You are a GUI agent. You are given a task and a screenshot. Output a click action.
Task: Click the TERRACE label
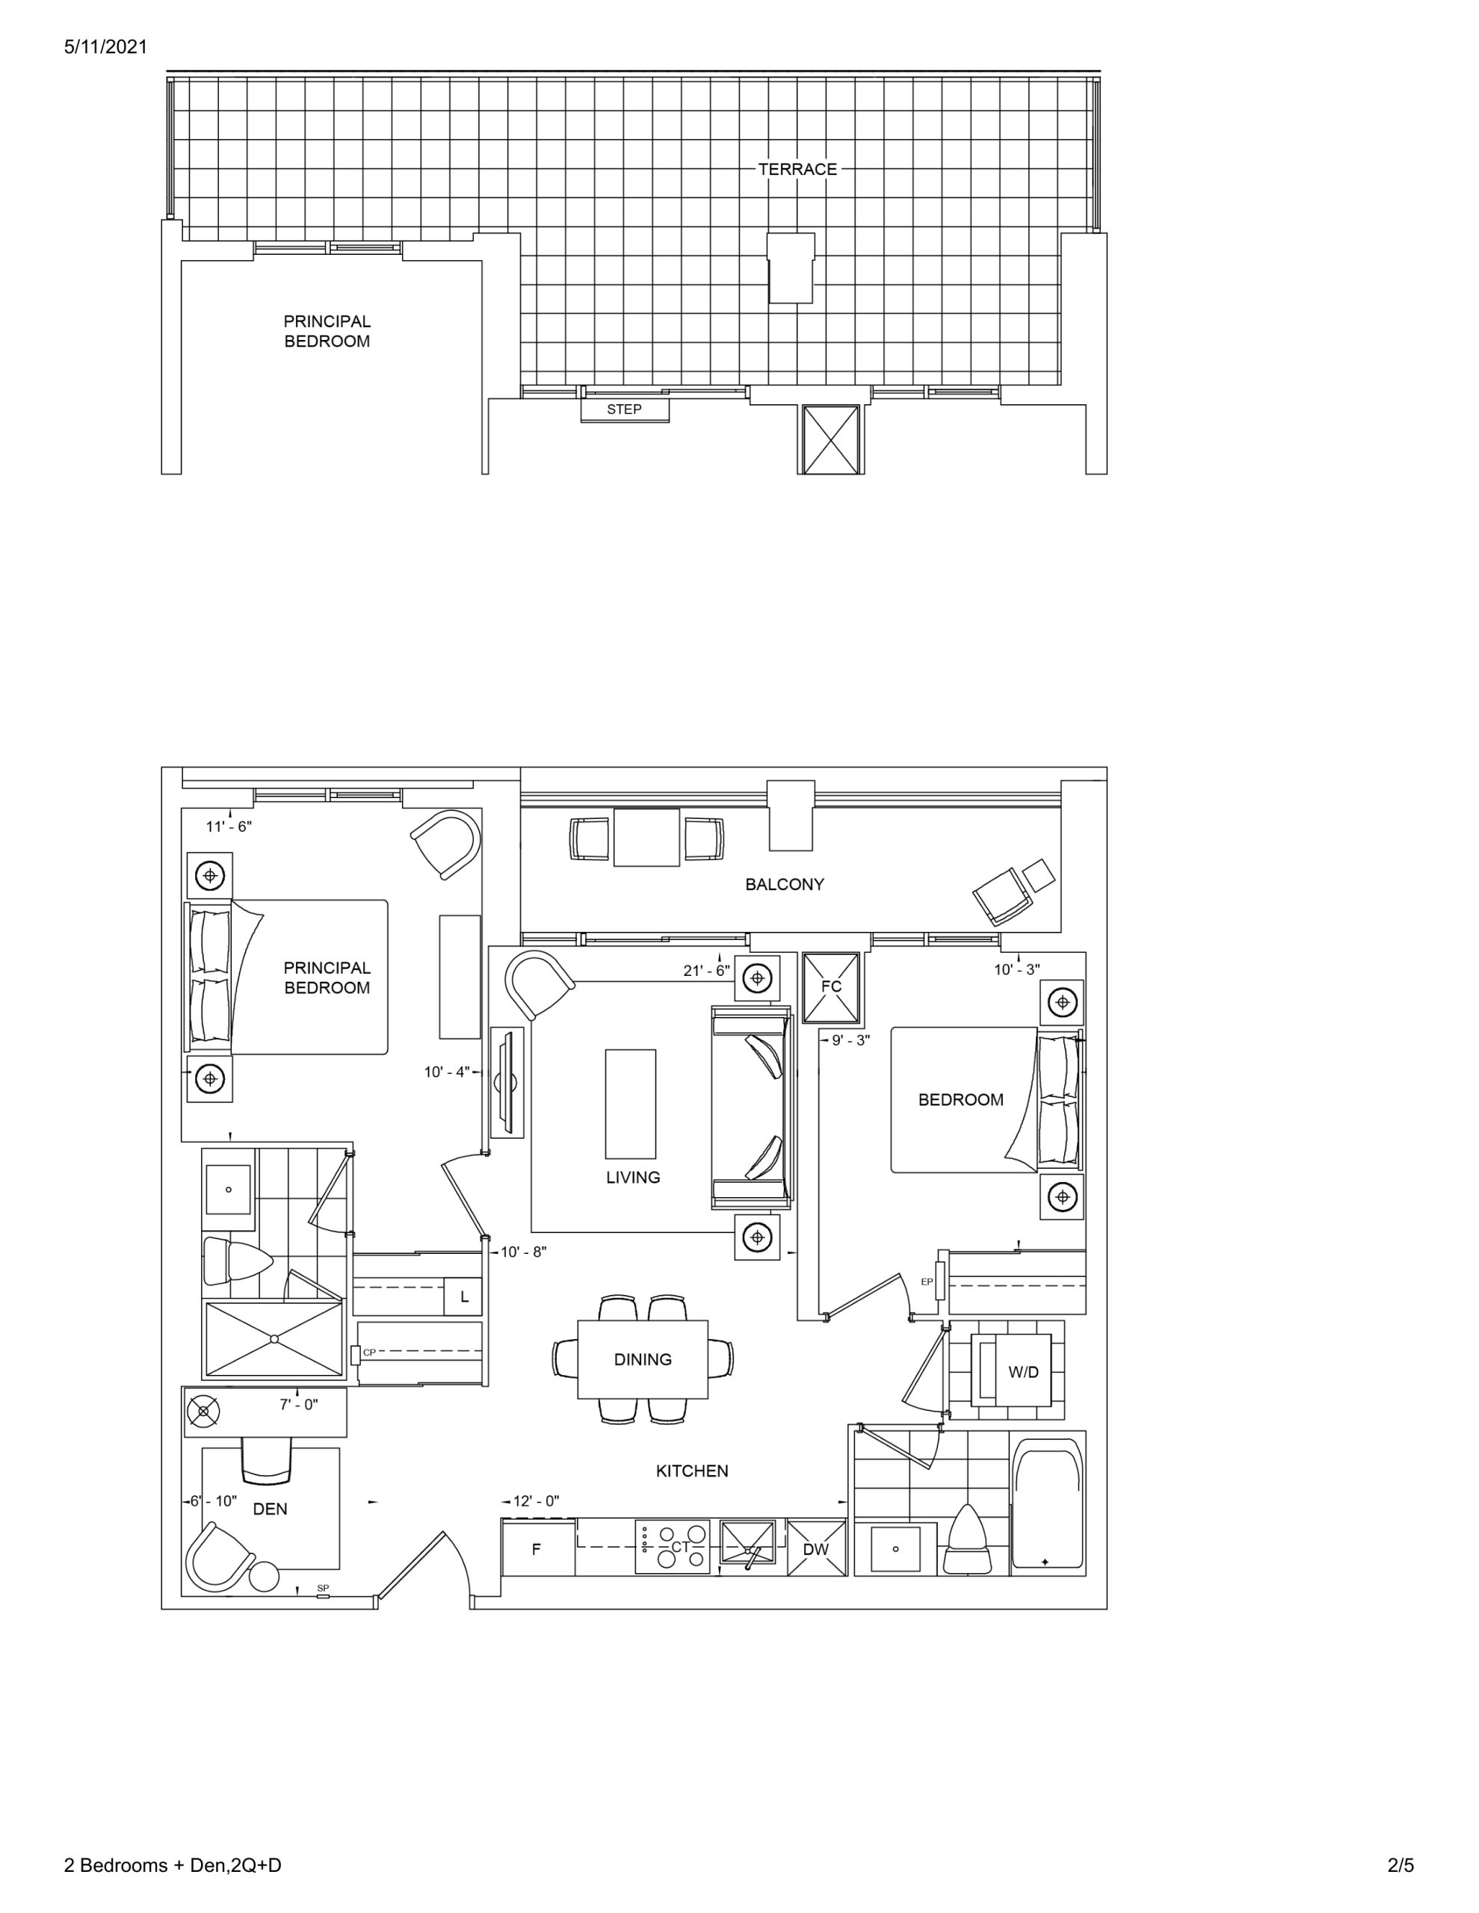click(x=797, y=169)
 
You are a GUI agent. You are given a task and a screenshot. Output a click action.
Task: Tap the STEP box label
click(x=624, y=409)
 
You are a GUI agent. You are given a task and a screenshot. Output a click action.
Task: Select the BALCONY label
click(x=784, y=885)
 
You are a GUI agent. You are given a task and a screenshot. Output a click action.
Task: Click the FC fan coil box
click(x=830, y=987)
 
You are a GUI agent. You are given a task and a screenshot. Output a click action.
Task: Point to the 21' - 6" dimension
click(x=706, y=971)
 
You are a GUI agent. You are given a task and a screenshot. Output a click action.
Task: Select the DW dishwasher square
click(x=815, y=1548)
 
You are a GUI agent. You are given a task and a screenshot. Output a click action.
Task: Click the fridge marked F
click(x=538, y=1548)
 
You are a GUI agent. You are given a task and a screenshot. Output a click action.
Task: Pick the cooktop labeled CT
click(x=673, y=1547)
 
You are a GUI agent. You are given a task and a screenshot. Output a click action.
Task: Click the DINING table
click(x=642, y=1359)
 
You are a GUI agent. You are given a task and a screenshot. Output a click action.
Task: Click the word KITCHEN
click(x=692, y=1471)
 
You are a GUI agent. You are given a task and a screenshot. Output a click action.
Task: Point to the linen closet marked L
click(x=463, y=1297)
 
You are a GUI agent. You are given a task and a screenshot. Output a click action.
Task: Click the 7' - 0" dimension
click(x=299, y=1405)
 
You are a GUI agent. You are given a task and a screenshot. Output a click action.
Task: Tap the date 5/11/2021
click(x=106, y=47)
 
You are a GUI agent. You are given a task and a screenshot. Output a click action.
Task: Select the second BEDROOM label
click(x=960, y=1100)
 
